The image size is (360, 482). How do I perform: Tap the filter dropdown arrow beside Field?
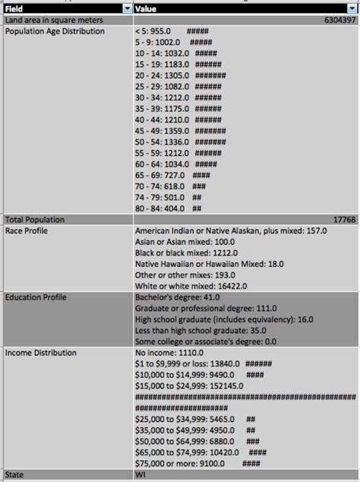126,8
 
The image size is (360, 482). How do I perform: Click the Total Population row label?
34,219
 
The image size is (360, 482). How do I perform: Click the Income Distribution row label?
41,353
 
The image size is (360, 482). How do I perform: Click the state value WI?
141,474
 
